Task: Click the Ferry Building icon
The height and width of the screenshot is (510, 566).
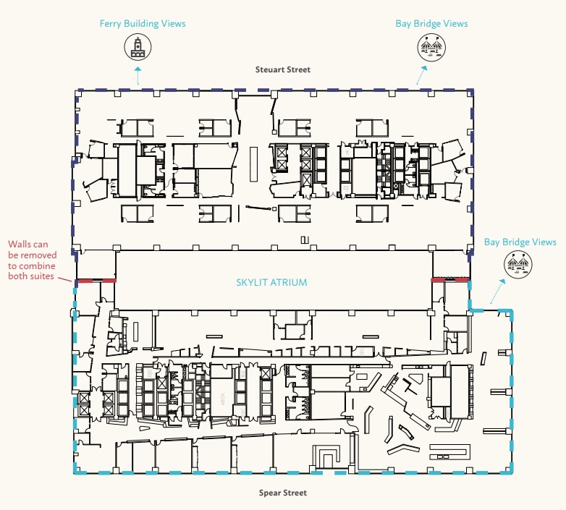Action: click(138, 48)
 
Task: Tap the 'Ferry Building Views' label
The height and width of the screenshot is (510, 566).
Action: click(143, 24)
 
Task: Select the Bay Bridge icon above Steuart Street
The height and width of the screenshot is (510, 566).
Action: click(431, 48)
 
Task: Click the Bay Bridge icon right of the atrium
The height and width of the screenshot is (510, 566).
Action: click(520, 265)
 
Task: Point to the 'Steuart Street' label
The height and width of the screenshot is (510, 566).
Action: click(282, 70)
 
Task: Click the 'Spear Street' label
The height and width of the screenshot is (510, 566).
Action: click(282, 493)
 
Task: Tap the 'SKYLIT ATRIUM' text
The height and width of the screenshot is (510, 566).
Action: click(271, 282)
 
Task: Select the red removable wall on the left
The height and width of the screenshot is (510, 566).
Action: click(97, 280)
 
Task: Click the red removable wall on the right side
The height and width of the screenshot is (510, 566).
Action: click(449, 280)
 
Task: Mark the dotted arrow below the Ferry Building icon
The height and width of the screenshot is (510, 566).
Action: click(138, 75)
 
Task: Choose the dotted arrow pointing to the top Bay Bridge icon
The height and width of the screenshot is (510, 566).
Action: click(422, 76)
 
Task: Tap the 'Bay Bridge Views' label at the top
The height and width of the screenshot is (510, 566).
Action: click(431, 24)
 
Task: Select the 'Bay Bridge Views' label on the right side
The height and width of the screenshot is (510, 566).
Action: click(520, 242)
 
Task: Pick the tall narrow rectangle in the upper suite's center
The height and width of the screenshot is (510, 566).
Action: click(253, 163)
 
